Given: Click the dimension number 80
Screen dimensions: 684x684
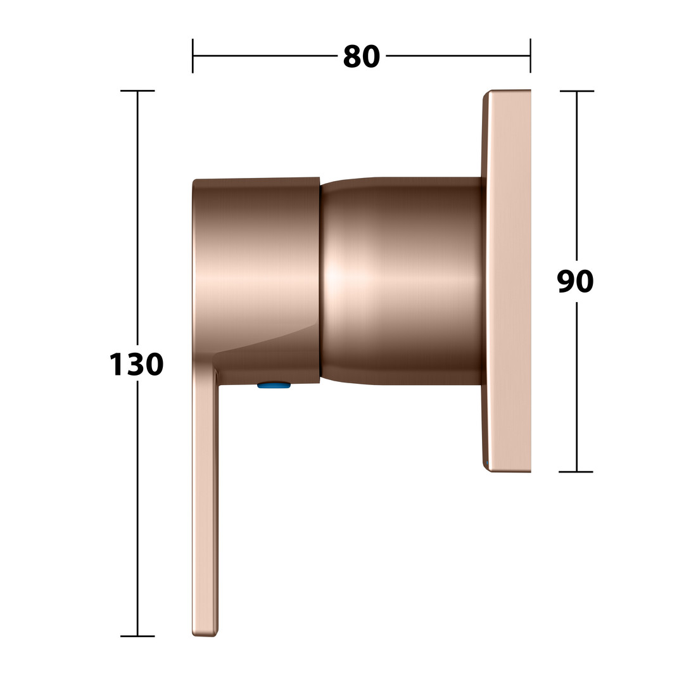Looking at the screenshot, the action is point(361,57).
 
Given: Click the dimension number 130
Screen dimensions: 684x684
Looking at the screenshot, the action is point(136,365).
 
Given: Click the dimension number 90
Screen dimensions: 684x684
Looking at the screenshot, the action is point(575,281).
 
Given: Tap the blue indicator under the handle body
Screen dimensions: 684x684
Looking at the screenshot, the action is point(274,385).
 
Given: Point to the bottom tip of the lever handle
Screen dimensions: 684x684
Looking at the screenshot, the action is point(205,635).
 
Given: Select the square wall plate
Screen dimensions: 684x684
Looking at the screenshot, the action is point(507,281).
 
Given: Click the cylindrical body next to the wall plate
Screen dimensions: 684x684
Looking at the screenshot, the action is point(402,281).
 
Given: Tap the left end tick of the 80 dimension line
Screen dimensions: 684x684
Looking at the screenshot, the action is point(193,56).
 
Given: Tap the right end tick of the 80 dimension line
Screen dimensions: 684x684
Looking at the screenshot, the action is point(531,56).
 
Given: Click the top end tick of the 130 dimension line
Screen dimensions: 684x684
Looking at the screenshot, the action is point(137,91).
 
